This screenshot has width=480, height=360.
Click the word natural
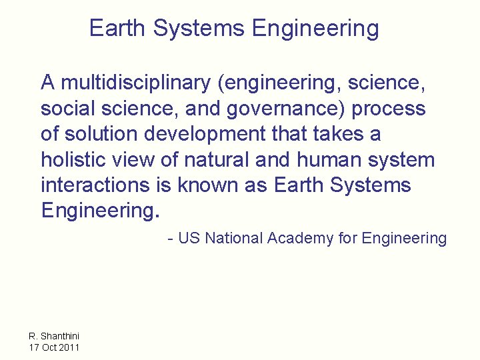click(x=214, y=160)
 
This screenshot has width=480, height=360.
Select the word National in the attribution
click(x=233, y=238)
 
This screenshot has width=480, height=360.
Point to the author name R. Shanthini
click(x=54, y=336)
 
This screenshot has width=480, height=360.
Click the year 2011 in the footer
click(x=69, y=347)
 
